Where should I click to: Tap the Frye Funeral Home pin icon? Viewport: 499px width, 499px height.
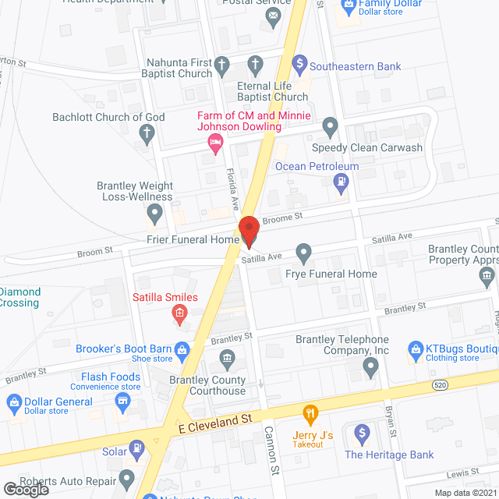[x=304, y=253]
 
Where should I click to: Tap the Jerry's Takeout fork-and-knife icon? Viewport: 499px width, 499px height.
[x=310, y=413]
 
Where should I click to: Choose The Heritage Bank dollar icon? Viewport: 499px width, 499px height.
[x=361, y=433]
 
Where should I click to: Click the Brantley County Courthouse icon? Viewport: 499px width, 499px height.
[x=227, y=359]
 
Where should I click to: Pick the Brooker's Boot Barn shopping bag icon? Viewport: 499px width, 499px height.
[x=182, y=350]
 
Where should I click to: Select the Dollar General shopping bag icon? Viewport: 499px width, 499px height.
[x=13, y=402]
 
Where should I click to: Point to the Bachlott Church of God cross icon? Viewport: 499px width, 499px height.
[x=145, y=133]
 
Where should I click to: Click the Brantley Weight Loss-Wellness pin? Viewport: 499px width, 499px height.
[x=154, y=211]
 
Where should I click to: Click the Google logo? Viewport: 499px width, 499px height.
[x=25, y=489]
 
